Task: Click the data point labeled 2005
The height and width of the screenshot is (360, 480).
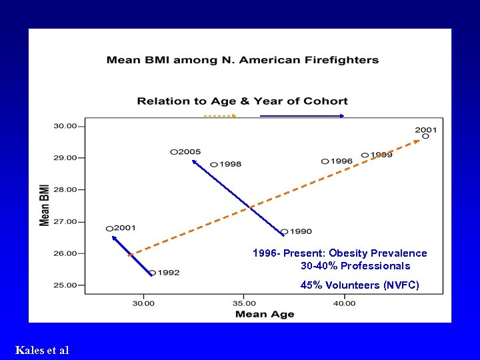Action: tap(174, 152)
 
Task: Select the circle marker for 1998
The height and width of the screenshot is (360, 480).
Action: tap(214, 165)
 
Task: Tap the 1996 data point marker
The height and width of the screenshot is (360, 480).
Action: tap(325, 161)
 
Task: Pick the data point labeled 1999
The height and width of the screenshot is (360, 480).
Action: tap(365, 155)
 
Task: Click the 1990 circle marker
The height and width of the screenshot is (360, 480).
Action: tap(285, 232)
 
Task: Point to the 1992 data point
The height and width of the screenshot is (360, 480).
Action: tap(153, 273)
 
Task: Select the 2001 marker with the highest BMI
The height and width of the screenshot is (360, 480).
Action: tap(425, 136)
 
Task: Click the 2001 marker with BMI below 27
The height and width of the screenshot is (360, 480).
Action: tap(109, 229)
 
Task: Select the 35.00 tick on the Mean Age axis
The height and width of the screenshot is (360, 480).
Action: tap(244, 304)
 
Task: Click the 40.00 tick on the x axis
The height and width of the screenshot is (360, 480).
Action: tap(344, 304)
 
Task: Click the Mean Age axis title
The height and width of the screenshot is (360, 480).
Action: tap(265, 315)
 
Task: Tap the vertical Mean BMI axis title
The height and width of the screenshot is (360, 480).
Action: tap(45, 205)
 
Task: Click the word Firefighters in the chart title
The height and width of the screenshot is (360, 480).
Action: tap(337, 60)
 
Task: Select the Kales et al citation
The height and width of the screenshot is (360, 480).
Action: tap(41, 350)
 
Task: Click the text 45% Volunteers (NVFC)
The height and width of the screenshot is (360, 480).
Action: tap(360, 285)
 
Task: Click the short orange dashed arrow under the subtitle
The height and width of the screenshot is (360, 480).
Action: tap(220, 116)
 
